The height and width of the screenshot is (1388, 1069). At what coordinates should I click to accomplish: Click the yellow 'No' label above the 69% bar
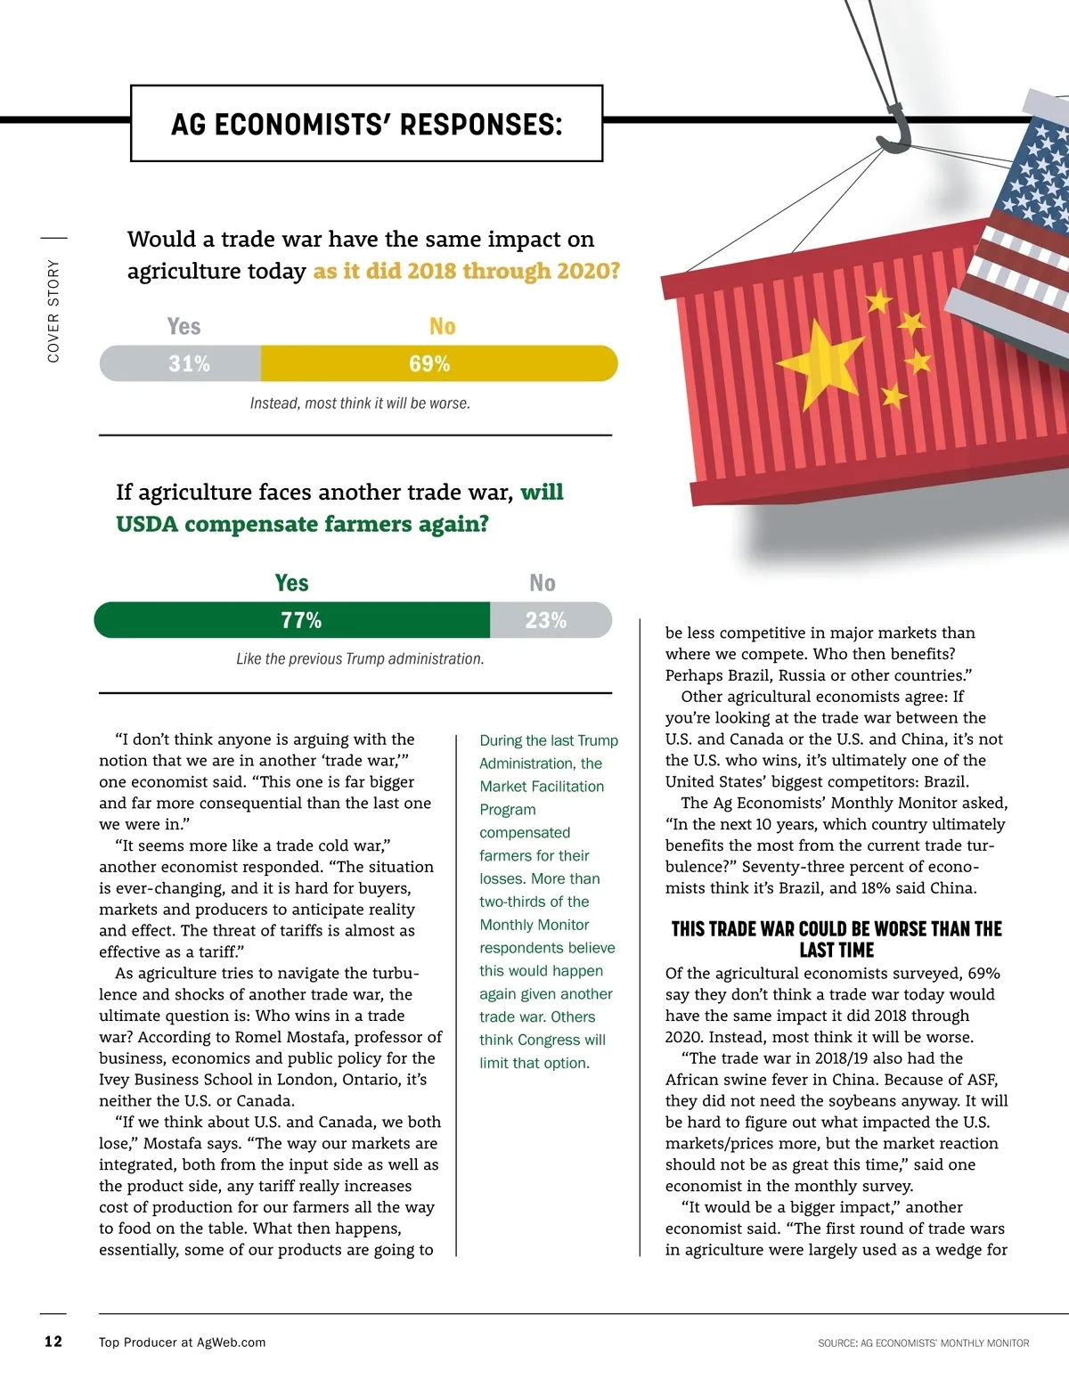pos(442,327)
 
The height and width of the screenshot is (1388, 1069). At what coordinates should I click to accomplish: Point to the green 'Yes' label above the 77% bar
pos(291,584)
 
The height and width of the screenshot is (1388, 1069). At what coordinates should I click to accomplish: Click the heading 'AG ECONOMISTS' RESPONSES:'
pos(366,125)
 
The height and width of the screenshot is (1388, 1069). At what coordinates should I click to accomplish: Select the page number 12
pos(53,1342)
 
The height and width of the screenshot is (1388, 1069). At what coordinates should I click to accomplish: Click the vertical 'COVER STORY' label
pos(53,311)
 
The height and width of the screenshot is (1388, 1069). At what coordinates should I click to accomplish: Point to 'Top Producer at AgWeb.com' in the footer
pos(182,1343)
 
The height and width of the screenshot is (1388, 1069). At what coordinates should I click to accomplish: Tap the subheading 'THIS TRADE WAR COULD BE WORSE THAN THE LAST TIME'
pos(836,940)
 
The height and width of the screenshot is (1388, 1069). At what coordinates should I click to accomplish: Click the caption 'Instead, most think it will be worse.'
pos(360,404)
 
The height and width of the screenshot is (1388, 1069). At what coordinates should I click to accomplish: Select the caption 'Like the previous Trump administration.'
pos(360,659)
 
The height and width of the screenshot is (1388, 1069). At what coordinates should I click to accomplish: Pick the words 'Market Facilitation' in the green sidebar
pos(542,787)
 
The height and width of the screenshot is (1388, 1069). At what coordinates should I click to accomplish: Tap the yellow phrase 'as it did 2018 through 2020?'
pos(466,271)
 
